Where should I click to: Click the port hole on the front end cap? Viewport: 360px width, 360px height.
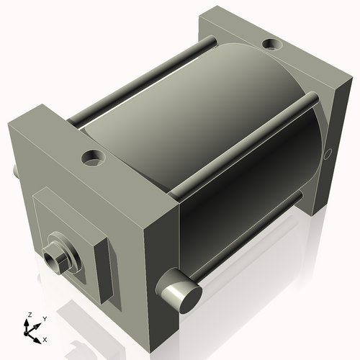(94, 156)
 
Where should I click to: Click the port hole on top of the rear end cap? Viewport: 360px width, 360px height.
(274, 45)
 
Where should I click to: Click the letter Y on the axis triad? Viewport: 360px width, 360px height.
(45, 318)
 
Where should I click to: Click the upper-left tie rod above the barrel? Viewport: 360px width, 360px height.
(144, 79)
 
